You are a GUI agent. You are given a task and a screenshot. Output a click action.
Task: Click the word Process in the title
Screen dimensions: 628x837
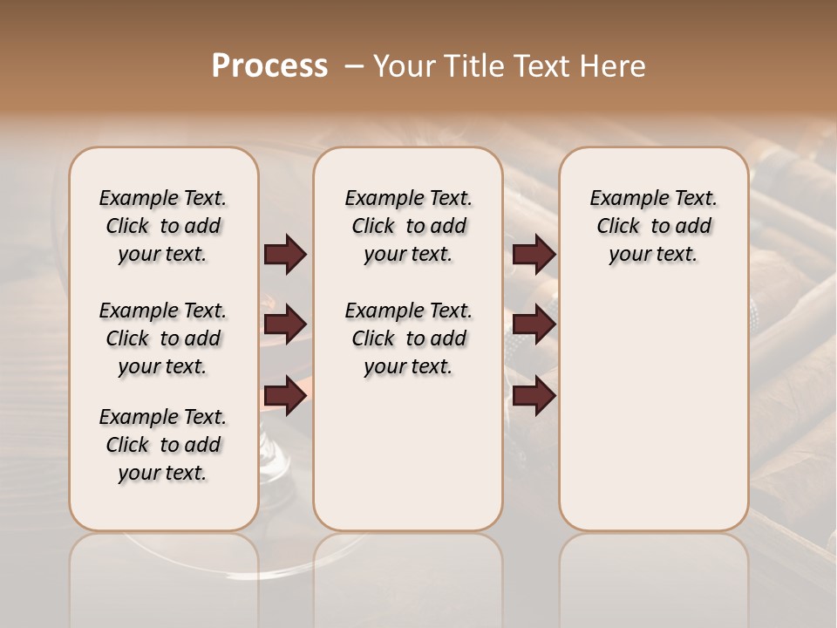pos(269,65)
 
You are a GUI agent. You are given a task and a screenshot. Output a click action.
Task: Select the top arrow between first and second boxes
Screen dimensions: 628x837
pos(285,254)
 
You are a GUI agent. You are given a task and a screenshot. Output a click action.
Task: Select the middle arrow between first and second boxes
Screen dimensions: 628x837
pos(285,324)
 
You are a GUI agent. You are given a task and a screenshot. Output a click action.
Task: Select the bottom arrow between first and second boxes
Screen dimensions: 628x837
pos(285,395)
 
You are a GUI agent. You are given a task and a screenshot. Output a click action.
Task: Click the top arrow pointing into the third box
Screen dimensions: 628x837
pos(534,254)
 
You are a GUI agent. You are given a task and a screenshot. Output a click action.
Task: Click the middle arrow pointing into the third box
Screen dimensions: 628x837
pos(534,324)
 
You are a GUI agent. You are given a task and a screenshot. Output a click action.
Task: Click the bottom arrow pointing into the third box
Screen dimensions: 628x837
pos(534,395)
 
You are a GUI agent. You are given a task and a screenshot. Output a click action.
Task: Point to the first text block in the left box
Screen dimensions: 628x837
pos(163,226)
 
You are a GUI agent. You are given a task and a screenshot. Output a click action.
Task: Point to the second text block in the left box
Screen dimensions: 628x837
pos(163,338)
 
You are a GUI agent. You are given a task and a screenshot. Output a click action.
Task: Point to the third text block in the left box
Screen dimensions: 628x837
pos(163,445)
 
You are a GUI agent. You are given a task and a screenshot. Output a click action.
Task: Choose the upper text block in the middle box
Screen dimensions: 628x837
pos(408,226)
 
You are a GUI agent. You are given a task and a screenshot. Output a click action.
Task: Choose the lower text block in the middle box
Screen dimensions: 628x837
pos(408,338)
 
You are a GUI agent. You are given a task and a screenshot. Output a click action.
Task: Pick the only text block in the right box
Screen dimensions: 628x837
pos(653,226)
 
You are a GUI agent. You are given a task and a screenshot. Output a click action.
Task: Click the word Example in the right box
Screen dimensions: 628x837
pos(623,199)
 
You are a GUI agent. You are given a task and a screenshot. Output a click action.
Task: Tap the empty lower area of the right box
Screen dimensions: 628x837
pos(653,410)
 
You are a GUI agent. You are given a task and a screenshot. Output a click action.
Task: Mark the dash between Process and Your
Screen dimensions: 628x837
pos(354,66)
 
